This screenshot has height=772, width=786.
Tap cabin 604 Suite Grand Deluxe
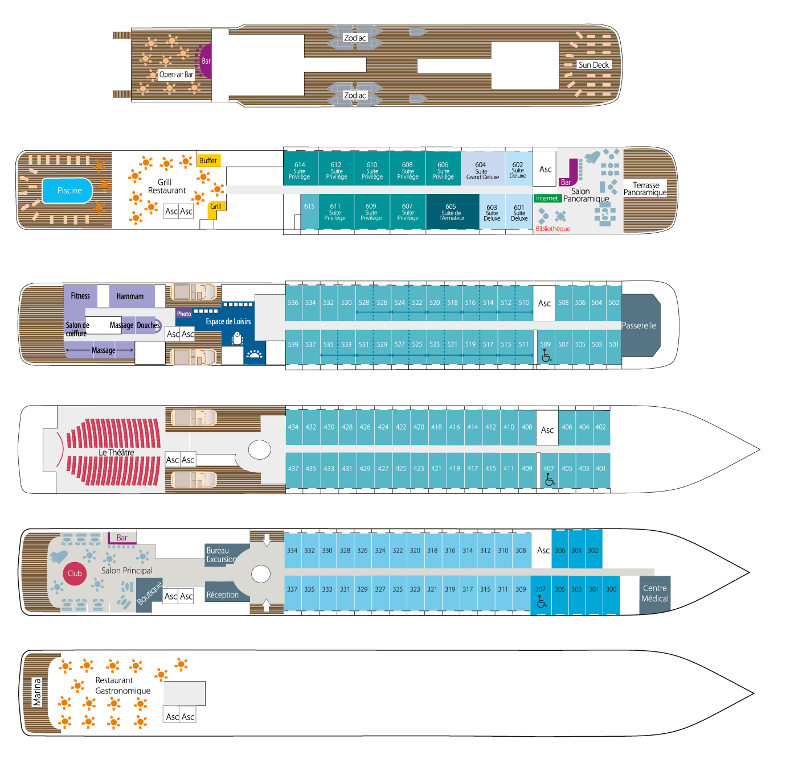[x=482, y=170]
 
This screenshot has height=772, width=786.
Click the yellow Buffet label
[x=208, y=161]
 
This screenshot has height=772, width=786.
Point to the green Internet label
[x=547, y=199]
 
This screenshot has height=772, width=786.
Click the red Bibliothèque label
[x=552, y=229]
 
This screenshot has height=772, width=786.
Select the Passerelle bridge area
[x=640, y=325]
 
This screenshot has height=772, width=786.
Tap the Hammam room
[x=130, y=296]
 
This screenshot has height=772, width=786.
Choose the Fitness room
[x=80, y=296]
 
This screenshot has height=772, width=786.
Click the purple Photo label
[x=184, y=314]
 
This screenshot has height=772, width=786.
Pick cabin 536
[x=293, y=303]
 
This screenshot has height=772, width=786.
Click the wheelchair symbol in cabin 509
[x=546, y=356]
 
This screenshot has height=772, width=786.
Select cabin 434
[x=293, y=427]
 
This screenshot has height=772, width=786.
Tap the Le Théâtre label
[x=116, y=452]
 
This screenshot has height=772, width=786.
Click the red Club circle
[x=75, y=573]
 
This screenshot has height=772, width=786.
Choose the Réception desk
[x=222, y=595]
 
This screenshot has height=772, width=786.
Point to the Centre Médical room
[x=654, y=593]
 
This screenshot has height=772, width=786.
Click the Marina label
[x=38, y=692]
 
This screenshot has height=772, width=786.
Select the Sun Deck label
[x=593, y=65]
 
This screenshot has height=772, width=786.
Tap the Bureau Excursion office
[x=221, y=555]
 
